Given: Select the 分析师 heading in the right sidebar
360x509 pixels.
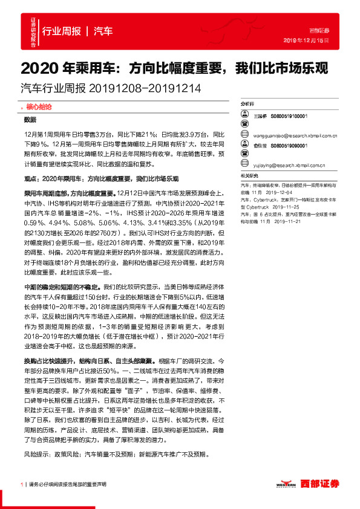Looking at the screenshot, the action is tap(248, 105).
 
